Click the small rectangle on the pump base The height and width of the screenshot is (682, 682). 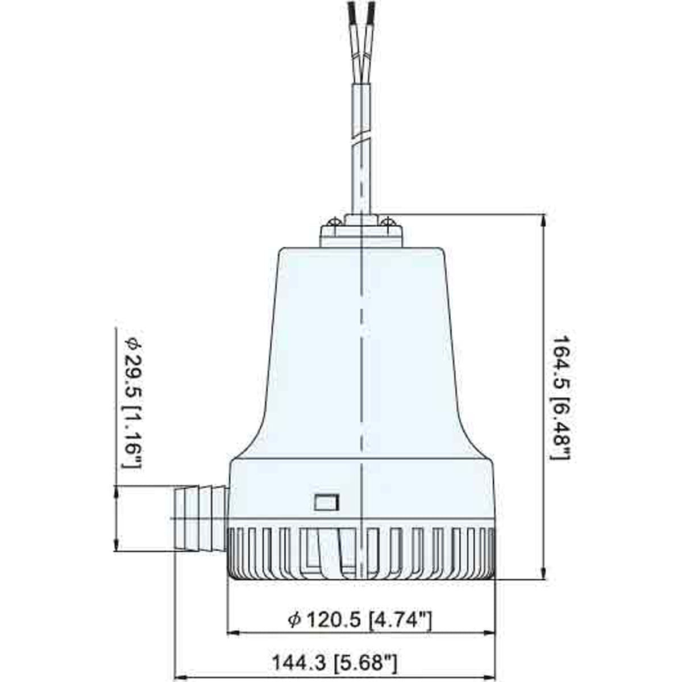point(327,502)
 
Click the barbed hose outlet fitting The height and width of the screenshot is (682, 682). point(199,518)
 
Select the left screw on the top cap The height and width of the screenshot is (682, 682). point(334,221)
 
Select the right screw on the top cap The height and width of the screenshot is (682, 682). point(389,221)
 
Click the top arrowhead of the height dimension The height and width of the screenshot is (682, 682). point(544,219)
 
